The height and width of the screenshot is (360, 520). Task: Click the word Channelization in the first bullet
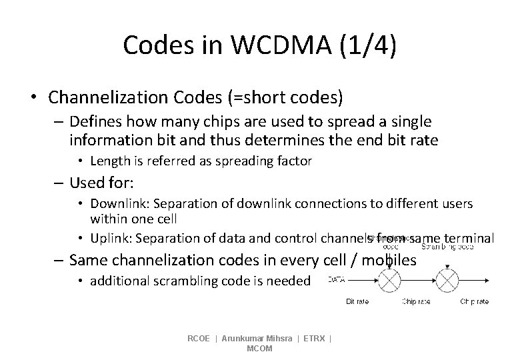108,98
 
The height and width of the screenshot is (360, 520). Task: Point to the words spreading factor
271,161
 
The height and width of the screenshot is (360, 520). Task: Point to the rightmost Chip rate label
475,302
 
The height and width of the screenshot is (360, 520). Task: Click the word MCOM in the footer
259,349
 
